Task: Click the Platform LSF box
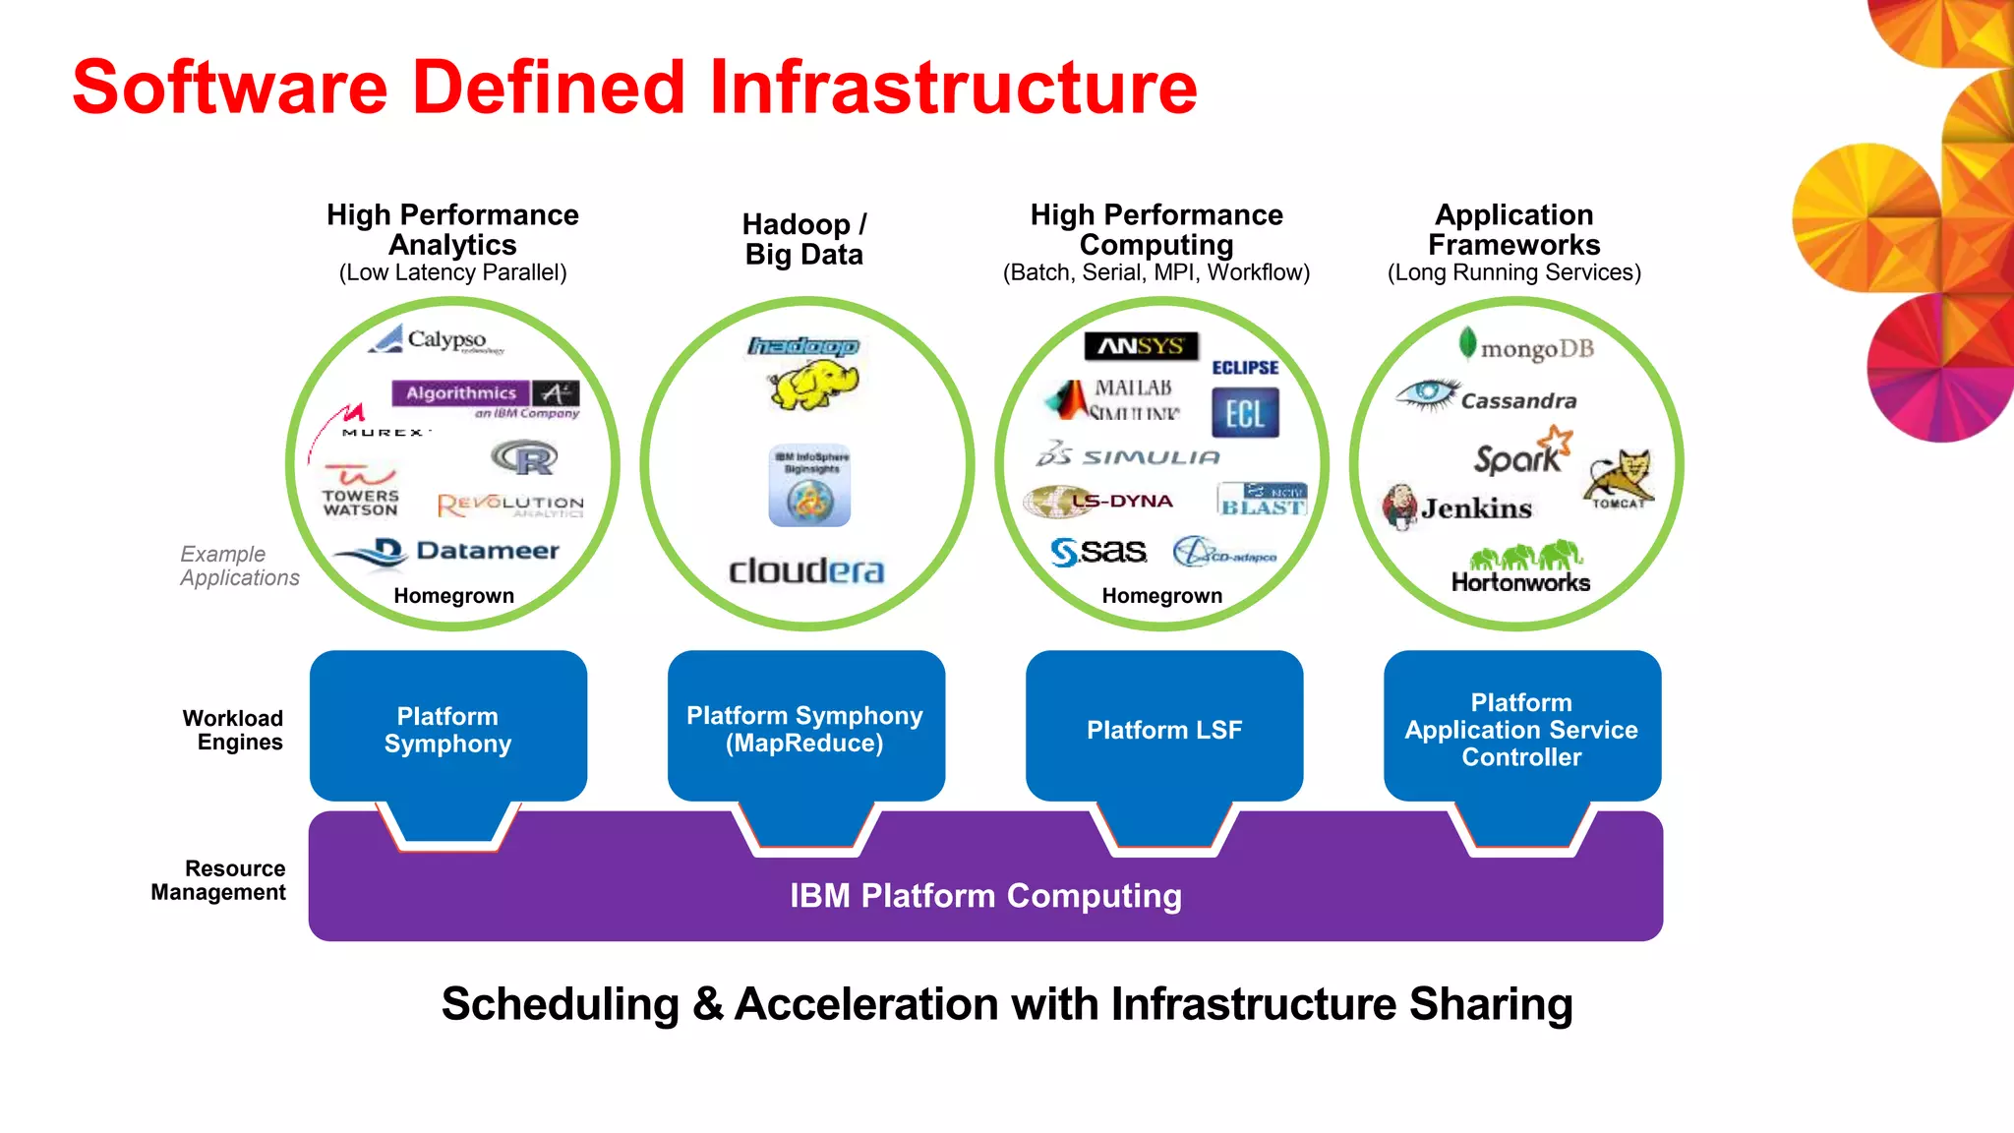(x=1164, y=729)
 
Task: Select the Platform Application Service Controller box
(x=1521, y=729)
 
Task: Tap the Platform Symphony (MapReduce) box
(x=805, y=729)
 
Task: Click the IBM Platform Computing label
(x=985, y=896)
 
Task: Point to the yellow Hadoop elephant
(x=813, y=384)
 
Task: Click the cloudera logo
(x=806, y=570)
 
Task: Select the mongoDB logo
(x=1526, y=347)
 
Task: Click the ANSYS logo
(x=1141, y=346)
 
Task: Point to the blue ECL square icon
(x=1245, y=413)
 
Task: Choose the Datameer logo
(x=448, y=552)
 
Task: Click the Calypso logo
(x=436, y=339)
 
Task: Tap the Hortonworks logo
(x=1520, y=568)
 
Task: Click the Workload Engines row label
(x=233, y=730)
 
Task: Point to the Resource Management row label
(x=219, y=880)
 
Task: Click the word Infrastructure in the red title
(x=952, y=87)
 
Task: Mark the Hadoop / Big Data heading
(x=804, y=239)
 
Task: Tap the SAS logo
(x=1098, y=552)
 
